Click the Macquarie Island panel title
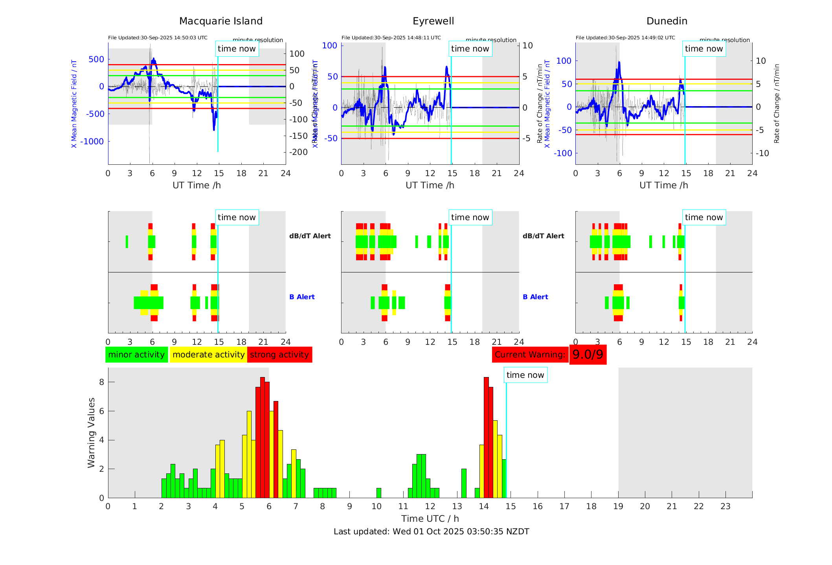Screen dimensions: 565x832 click(x=220, y=21)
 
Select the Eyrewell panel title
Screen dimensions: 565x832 click(x=433, y=21)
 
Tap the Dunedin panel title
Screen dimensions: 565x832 click(x=667, y=21)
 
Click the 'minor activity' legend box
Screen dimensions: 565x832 click(x=136, y=355)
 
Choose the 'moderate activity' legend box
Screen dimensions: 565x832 click(x=208, y=355)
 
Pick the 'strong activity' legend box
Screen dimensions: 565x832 click(x=279, y=355)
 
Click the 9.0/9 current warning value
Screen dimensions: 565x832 click(x=588, y=355)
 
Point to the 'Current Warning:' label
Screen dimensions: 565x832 click(x=530, y=355)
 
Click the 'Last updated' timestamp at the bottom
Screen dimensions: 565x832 click(x=431, y=532)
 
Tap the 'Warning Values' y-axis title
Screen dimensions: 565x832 click(x=92, y=432)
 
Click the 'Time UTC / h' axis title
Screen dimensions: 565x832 click(x=430, y=519)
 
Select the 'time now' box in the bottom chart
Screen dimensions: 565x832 click(x=525, y=375)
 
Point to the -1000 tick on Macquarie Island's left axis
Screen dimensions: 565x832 click(x=92, y=142)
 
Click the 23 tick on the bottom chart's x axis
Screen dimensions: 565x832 click(x=725, y=506)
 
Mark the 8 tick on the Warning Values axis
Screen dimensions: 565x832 click(x=101, y=382)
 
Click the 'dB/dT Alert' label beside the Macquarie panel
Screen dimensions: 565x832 click(x=310, y=236)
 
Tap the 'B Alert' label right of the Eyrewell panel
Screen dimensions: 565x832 click(x=535, y=297)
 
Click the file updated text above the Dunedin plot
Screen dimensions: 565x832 click(x=625, y=38)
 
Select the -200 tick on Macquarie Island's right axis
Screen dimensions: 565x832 click(x=299, y=152)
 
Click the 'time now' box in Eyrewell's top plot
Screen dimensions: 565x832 click(x=470, y=49)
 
